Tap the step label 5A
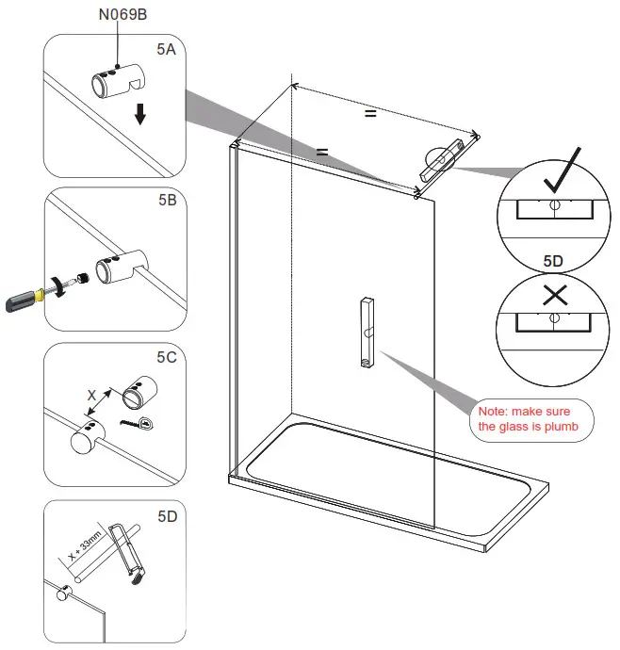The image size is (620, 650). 165,50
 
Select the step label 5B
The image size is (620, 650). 165,201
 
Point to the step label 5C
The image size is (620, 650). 166,357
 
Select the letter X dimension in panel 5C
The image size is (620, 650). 91,397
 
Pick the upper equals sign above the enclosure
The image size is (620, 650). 370,113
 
